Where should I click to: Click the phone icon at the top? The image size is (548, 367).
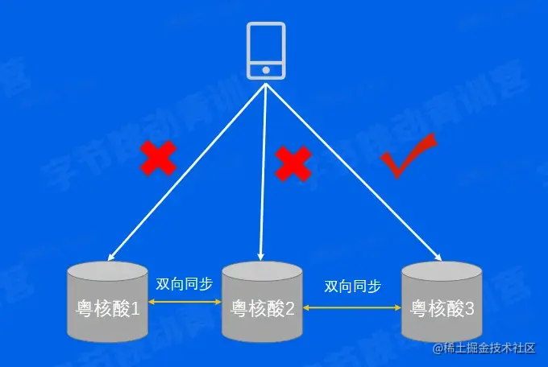[x=266, y=49]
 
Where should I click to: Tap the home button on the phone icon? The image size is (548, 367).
[x=266, y=70]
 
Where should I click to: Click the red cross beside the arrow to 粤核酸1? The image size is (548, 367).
[x=158, y=158]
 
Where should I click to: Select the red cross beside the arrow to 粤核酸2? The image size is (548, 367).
[x=293, y=163]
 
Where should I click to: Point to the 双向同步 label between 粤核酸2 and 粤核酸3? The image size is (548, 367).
[x=353, y=286]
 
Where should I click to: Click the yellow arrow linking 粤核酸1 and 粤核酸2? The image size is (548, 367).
[x=185, y=303]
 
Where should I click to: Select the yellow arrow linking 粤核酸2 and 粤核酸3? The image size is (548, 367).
[x=353, y=307]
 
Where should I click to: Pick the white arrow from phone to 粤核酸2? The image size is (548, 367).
[x=263, y=173]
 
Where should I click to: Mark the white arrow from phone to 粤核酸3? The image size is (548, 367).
[x=355, y=173]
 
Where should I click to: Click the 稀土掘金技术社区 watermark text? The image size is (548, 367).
[x=490, y=348]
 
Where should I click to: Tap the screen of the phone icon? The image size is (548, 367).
[x=266, y=43]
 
